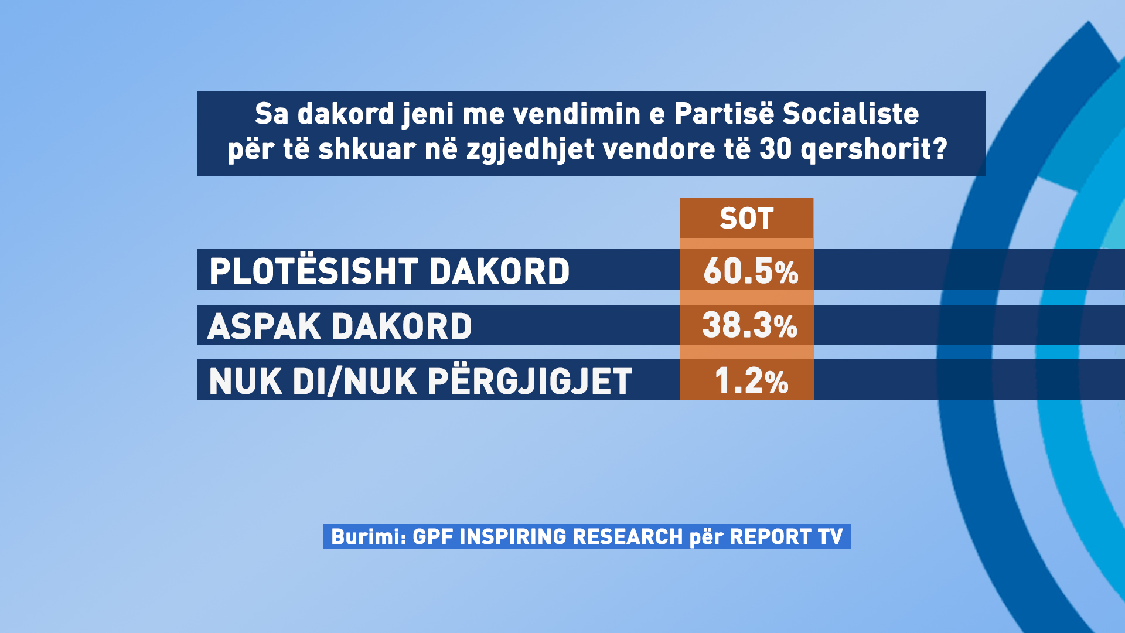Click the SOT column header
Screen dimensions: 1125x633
coord(746,219)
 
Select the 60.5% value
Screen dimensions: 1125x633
coord(751,271)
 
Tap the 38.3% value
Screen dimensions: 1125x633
coord(749,325)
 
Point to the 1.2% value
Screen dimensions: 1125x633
coord(752,381)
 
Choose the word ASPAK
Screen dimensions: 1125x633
coord(264,326)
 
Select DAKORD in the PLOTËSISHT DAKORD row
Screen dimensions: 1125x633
coord(499,271)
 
